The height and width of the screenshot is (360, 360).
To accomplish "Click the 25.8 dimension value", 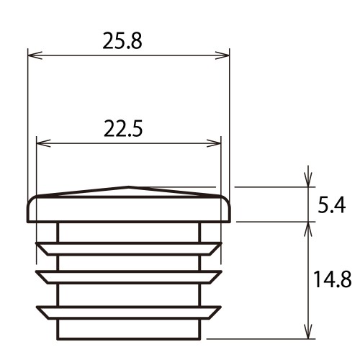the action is (x=122, y=41).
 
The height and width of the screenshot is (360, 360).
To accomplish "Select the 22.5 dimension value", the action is (x=123, y=129).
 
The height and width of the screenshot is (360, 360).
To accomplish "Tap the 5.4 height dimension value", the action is (x=332, y=205).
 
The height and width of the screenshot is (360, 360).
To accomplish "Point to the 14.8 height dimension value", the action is (x=333, y=279).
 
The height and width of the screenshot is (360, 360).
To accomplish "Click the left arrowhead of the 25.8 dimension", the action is (x=35, y=55).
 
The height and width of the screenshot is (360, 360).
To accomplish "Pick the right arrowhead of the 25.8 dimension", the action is (x=222, y=55).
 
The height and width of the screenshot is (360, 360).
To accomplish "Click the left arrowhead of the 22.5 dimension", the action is (x=43, y=143).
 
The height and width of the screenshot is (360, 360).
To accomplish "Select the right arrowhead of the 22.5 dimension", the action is (x=214, y=143).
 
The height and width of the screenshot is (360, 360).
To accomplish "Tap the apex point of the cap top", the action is (x=128, y=186).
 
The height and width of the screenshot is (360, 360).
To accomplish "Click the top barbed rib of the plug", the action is (x=129, y=249).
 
